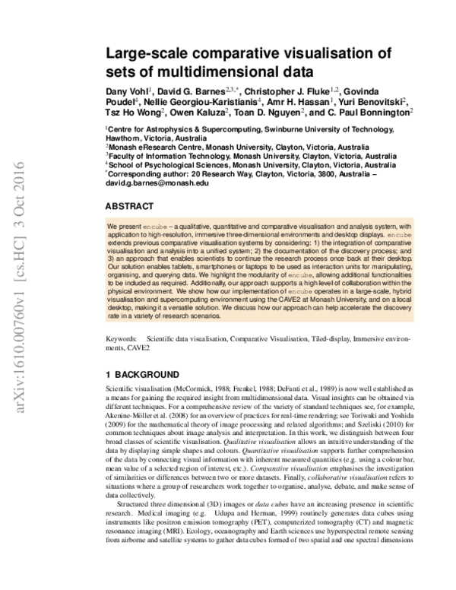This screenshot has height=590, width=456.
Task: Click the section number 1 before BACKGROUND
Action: tap(109, 374)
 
